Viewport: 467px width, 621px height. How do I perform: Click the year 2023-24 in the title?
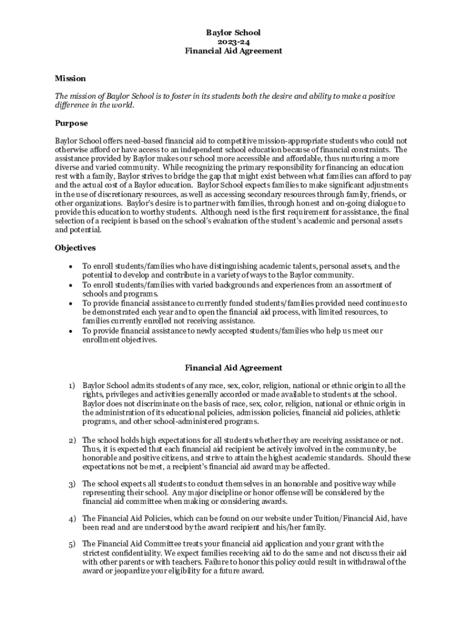233,42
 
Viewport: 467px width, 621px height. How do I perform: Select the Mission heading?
70,78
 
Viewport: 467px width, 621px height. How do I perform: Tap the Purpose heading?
72,123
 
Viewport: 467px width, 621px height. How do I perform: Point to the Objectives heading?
75,248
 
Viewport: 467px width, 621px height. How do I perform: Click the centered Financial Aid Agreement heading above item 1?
233,368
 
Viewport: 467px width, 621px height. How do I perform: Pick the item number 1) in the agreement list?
71,386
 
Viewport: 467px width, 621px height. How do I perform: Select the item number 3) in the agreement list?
71,484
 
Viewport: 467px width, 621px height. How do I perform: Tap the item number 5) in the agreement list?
71,543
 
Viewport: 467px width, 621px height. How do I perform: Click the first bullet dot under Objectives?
71,266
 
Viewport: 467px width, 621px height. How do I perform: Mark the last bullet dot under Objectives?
71,331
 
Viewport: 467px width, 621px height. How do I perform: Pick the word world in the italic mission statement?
120,105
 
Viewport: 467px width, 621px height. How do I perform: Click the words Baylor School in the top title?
233,33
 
